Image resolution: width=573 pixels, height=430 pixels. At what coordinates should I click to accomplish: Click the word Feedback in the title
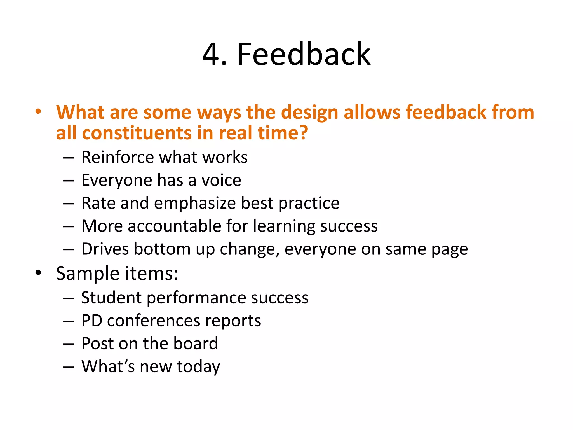304,54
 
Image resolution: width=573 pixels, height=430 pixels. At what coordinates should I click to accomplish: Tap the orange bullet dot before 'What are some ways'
38,112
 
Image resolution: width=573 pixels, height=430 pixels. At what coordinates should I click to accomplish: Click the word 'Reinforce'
117,157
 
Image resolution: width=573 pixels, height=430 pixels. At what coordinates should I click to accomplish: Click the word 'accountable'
175,226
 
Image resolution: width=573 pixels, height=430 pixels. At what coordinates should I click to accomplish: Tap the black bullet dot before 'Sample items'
38,272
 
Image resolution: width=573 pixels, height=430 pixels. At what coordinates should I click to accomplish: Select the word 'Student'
111,298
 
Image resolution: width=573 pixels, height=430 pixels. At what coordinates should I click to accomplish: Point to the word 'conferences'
154,321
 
